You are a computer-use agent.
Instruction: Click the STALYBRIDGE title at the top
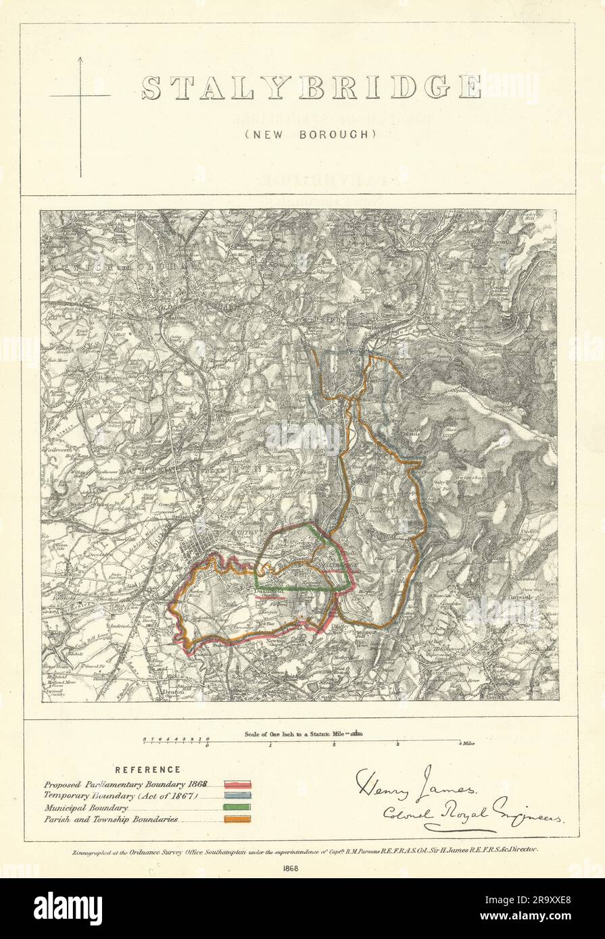click(x=311, y=88)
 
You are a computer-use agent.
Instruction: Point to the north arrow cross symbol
click(x=80, y=96)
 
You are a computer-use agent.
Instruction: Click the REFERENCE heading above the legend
click(x=147, y=769)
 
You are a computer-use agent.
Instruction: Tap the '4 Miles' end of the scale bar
click(x=466, y=743)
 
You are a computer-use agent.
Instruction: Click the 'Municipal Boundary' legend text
click(x=86, y=807)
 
